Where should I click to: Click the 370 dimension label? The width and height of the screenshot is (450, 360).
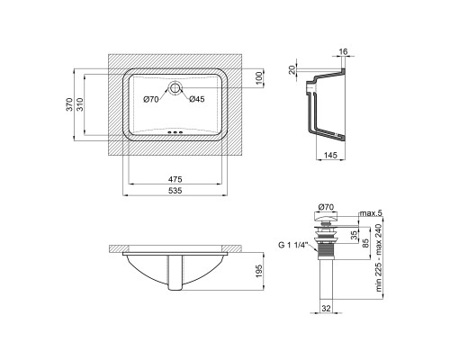point(69,104)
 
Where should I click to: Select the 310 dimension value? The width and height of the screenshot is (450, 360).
point(80,104)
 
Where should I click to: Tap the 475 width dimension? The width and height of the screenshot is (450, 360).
point(175,179)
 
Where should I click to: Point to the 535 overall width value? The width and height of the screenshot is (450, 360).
point(175,191)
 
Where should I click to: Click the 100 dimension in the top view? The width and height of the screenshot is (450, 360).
point(260,78)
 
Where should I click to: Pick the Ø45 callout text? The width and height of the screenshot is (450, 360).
point(197,99)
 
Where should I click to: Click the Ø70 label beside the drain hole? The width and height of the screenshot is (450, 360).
point(151,99)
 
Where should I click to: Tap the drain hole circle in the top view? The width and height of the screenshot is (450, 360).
point(175,88)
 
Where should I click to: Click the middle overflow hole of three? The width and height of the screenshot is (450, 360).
point(175,132)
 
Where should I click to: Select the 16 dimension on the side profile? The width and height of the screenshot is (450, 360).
point(343,51)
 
